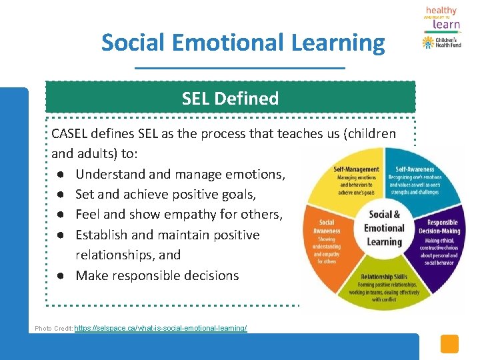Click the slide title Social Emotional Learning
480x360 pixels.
pyautogui.click(x=243, y=43)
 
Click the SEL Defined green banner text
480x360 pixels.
pyautogui.click(x=230, y=99)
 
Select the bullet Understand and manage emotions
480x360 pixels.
pyautogui.click(x=180, y=174)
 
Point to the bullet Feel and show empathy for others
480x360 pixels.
pyautogui.click(x=179, y=214)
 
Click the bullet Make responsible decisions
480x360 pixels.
pyautogui.click(x=157, y=275)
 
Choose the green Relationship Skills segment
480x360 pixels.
pyautogui.click(x=384, y=287)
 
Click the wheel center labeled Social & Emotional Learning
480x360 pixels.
pyautogui.click(x=384, y=227)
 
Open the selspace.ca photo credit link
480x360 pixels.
pyautogui.click(x=161, y=329)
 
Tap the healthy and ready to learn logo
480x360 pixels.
pyautogui.click(x=442, y=18)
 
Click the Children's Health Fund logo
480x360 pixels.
pyautogui.click(x=442, y=43)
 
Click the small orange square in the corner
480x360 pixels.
pyautogui.click(x=450, y=343)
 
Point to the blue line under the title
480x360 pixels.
pyautogui.click(x=240, y=68)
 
